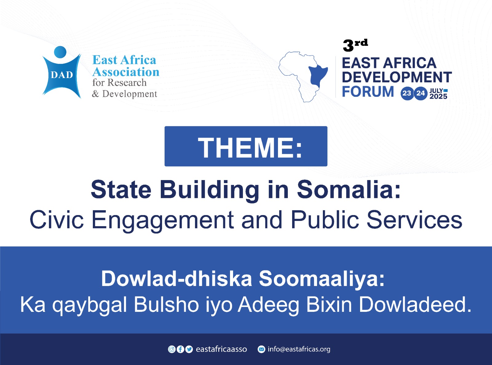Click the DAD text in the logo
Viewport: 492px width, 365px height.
(62, 75)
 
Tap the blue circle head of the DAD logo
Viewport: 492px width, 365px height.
(60, 52)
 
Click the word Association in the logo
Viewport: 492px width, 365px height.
(126, 72)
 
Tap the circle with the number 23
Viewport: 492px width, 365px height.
(407, 93)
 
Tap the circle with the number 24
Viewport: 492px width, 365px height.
(420, 93)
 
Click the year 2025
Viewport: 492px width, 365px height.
(438, 96)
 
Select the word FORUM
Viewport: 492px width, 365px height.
(368, 92)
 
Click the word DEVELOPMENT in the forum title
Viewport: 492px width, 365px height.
(397, 77)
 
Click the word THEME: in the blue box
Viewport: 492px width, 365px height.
(250, 147)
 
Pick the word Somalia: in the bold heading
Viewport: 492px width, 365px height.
(349, 189)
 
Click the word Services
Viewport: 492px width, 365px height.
(415, 220)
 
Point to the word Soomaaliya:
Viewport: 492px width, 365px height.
(322, 278)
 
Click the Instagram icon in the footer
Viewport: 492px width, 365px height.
(172, 349)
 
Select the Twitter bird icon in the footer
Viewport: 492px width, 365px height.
(189, 349)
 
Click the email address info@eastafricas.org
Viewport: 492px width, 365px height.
(299, 349)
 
